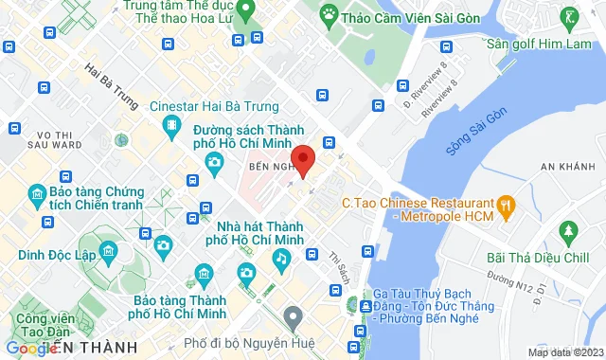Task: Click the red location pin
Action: tap(302, 157)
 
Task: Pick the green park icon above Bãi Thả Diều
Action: tap(568, 230)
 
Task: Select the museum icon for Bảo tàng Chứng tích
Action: tap(36, 196)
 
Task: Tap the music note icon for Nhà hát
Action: tap(280, 258)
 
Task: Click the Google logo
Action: tap(29, 348)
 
